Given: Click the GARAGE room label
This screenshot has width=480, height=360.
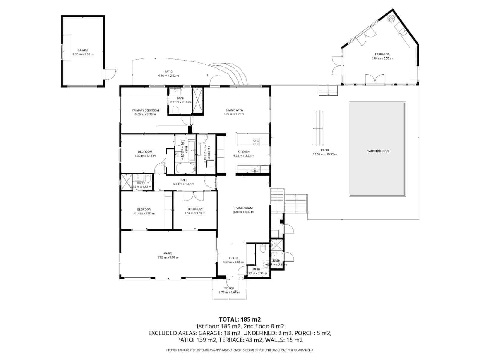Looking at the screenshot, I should click(x=83, y=50).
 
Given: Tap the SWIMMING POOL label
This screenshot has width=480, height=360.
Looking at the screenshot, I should click(x=378, y=151).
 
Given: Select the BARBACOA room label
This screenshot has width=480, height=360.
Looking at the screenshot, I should click(x=382, y=55).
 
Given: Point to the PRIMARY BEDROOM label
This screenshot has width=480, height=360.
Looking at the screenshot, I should click(x=145, y=110).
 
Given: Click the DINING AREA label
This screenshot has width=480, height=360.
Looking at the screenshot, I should click(x=234, y=110).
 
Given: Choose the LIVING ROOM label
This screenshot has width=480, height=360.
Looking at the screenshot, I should click(x=243, y=208).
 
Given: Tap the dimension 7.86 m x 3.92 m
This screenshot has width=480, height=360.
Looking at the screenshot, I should click(x=168, y=257).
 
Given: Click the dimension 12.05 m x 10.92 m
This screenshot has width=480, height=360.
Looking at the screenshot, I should click(x=325, y=154).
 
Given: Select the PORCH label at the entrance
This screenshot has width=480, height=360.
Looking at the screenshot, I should click(x=229, y=288).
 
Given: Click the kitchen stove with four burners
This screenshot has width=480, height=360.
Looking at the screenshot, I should click(x=256, y=142).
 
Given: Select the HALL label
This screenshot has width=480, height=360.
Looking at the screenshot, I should click(x=184, y=180).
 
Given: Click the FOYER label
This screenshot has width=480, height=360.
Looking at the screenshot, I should click(x=233, y=258).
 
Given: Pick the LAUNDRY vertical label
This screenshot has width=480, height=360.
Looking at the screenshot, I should click(x=209, y=153).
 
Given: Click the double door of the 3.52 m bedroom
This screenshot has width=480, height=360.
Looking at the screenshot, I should click(x=193, y=196).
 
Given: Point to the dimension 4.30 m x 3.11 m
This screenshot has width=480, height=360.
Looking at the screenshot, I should click(x=145, y=156).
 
